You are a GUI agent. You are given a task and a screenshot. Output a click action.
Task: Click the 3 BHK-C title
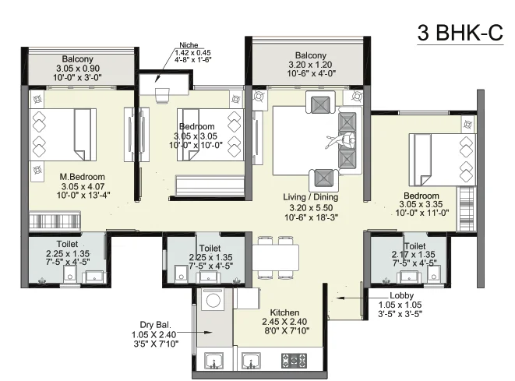click(x=460, y=33)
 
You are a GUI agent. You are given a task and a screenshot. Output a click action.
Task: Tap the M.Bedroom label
click(x=82, y=177)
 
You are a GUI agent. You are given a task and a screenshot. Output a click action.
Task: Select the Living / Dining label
click(x=310, y=197)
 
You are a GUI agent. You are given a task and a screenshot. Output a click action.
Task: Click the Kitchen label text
click(x=284, y=312)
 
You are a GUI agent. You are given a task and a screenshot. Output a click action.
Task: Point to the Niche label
click(x=189, y=45)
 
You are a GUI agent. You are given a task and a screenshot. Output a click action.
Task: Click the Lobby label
click(x=402, y=295)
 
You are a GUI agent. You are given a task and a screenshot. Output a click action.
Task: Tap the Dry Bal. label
click(x=155, y=325)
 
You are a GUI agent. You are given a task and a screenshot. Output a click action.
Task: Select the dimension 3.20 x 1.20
click(x=310, y=65)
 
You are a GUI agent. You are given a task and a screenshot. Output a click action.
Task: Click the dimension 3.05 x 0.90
click(x=78, y=69)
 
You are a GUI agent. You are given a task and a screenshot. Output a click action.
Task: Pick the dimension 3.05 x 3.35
click(x=421, y=204)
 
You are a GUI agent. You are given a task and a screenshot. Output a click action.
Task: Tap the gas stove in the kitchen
click(x=295, y=360)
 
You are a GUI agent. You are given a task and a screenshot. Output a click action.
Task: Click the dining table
click(x=276, y=257)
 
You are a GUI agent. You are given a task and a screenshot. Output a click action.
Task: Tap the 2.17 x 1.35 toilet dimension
click(x=413, y=254)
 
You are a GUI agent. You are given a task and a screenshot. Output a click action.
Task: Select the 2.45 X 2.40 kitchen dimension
click(x=284, y=322)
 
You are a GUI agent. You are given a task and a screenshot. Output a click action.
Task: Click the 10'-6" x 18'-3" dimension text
click(x=311, y=217)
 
